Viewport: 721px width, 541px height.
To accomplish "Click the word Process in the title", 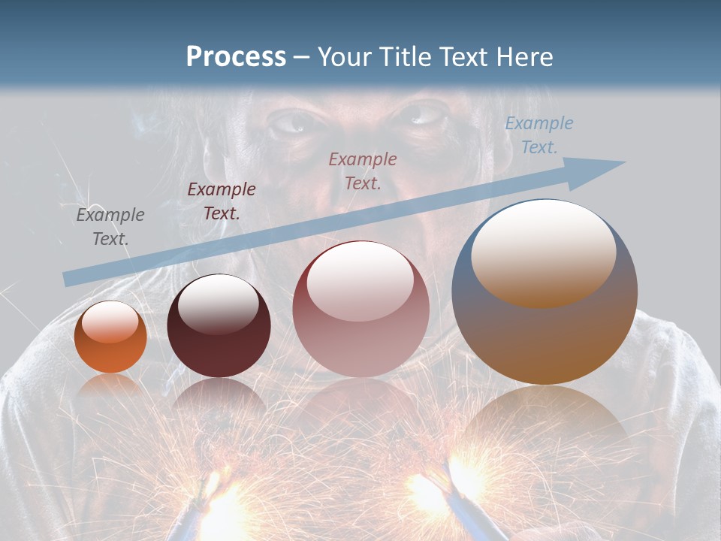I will pos(236,57).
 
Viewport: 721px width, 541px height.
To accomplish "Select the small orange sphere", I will pos(110,337).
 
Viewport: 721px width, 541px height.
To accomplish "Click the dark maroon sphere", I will pos(219,326).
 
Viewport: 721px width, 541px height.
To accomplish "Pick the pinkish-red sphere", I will pos(360,309).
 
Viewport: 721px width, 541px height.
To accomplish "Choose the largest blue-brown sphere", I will pos(545,292).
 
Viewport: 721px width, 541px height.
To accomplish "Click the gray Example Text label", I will pos(110,227).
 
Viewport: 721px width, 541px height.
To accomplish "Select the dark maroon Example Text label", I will pos(222,201).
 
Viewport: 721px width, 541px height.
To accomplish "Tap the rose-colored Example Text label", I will pos(363,171).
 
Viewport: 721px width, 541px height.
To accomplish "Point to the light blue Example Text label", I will pos(538,135).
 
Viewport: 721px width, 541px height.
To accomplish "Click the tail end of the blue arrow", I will pos(69,279).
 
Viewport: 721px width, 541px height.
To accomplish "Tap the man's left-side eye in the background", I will pos(291,122).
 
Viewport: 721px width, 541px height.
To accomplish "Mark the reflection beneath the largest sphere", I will pos(545,421).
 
